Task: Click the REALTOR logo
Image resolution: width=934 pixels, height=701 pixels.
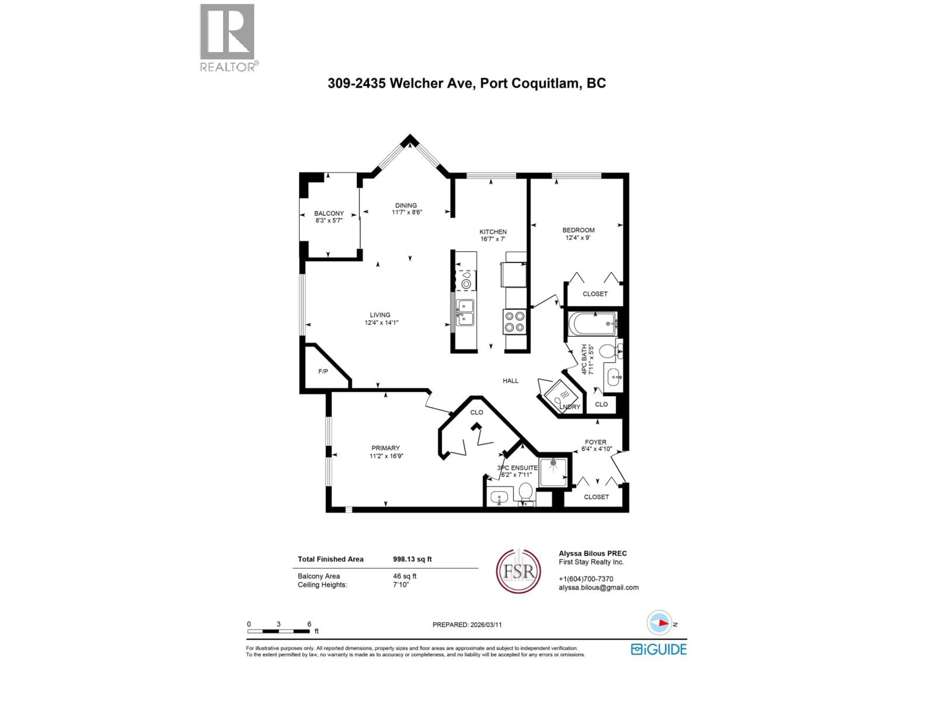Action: point(227,37)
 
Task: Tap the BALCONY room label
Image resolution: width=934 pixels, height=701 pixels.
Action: point(329,213)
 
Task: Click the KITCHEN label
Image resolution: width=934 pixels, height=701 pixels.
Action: point(493,231)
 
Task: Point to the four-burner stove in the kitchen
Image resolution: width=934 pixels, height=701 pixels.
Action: point(514,322)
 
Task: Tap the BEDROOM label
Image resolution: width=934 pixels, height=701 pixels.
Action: point(578,230)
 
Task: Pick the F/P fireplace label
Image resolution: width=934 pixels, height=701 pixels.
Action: point(323,371)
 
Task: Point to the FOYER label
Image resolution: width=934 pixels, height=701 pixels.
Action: point(595,442)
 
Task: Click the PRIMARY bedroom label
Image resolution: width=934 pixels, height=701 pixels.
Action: point(385,448)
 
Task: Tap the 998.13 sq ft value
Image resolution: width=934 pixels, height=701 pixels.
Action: point(412,559)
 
